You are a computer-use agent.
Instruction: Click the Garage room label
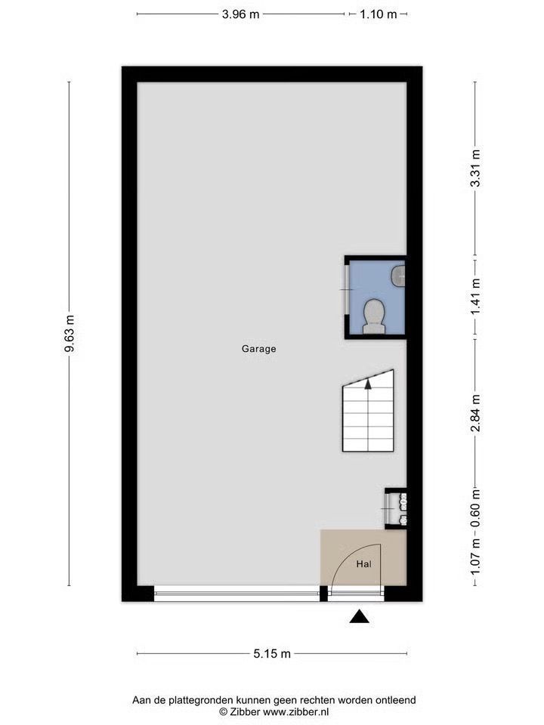[x=258, y=349]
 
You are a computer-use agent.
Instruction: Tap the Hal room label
[x=363, y=564]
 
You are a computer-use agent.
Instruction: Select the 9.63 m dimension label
[x=70, y=333]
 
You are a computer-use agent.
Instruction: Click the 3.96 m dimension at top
[x=240, y=14]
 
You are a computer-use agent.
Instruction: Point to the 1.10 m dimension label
[x=379, y=14]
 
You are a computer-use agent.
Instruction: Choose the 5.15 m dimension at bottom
[x=272, y=653]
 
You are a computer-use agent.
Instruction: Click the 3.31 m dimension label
[x=475, y=168]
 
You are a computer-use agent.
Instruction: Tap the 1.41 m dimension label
[x=475, y=296]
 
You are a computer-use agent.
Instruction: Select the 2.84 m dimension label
[x=475, y=413]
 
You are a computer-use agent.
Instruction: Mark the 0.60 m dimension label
[x=475, y=507]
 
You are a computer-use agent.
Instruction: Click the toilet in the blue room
[x=374, y=316]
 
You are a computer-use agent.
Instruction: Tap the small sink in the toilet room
[x=398, y=276]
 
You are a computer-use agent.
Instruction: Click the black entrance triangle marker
[x=359, y=617]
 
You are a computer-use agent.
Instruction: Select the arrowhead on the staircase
[x=368, y=383]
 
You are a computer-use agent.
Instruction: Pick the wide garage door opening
[x=236, y=594]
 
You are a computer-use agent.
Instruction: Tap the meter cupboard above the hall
[x=396, y=508]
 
